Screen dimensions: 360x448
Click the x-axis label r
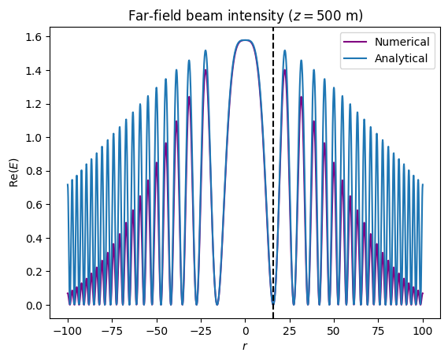(x=245, y=347)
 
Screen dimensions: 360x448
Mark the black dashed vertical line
(x=273, y=197)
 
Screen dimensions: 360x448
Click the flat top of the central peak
(x=245, y=40)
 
